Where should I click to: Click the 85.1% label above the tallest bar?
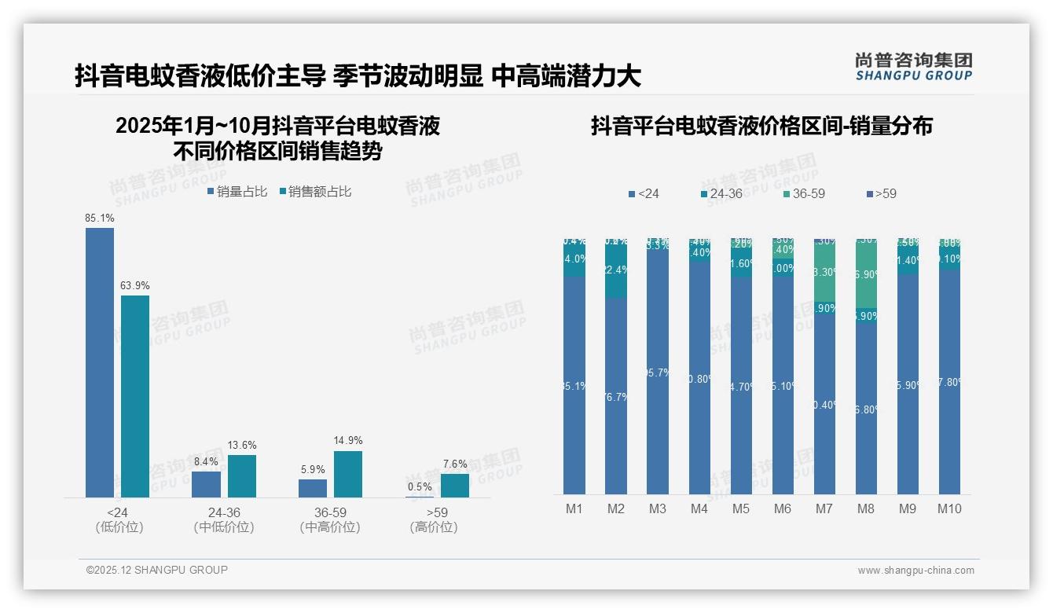[x=100, y=218]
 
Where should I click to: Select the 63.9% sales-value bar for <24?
[x=135, y=396]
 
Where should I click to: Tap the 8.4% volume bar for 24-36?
[x=206, y=484]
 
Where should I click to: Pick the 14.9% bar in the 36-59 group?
[x=348, y=474]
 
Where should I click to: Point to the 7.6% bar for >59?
[x=455, y=486]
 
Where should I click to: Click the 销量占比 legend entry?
[x=237, y=191]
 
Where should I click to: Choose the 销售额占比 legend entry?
[x=315, y=191]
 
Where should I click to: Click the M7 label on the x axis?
[x=824, y=508]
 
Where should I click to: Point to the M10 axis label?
[x=948, y=508]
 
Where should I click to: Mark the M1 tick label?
[x=574, y=508]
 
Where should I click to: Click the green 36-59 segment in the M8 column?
[x=865, y=275]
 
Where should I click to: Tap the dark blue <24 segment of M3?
[x=658, y=373]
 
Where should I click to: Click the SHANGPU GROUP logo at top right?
[x=913, y=66]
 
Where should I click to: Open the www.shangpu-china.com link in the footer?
[x=915, y=571]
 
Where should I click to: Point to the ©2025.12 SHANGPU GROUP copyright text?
[x=157, y=570]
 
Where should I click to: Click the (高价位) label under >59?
[x=433, y=527]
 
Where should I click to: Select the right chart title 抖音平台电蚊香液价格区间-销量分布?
[x=761, y=127]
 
